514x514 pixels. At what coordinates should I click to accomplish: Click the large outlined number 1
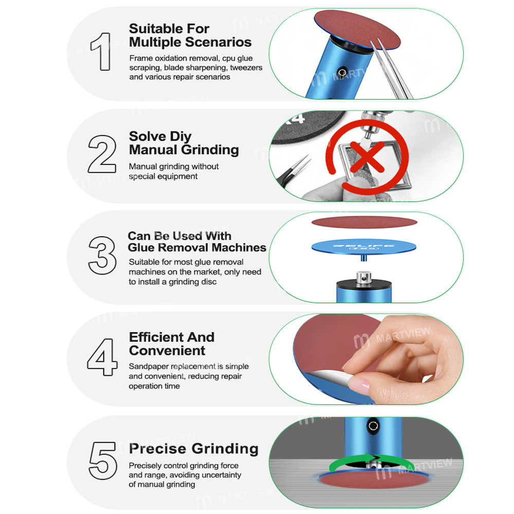pos(101,51)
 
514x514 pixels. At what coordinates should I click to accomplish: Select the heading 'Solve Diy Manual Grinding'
pos(183,143)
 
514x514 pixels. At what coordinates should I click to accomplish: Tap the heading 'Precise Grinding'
pos(193,449)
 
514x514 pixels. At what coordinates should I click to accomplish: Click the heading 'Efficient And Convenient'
pos(171,344)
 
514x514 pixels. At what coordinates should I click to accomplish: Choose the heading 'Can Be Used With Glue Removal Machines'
pos(196,242)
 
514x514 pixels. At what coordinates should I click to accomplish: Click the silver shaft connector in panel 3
pos(365,278)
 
